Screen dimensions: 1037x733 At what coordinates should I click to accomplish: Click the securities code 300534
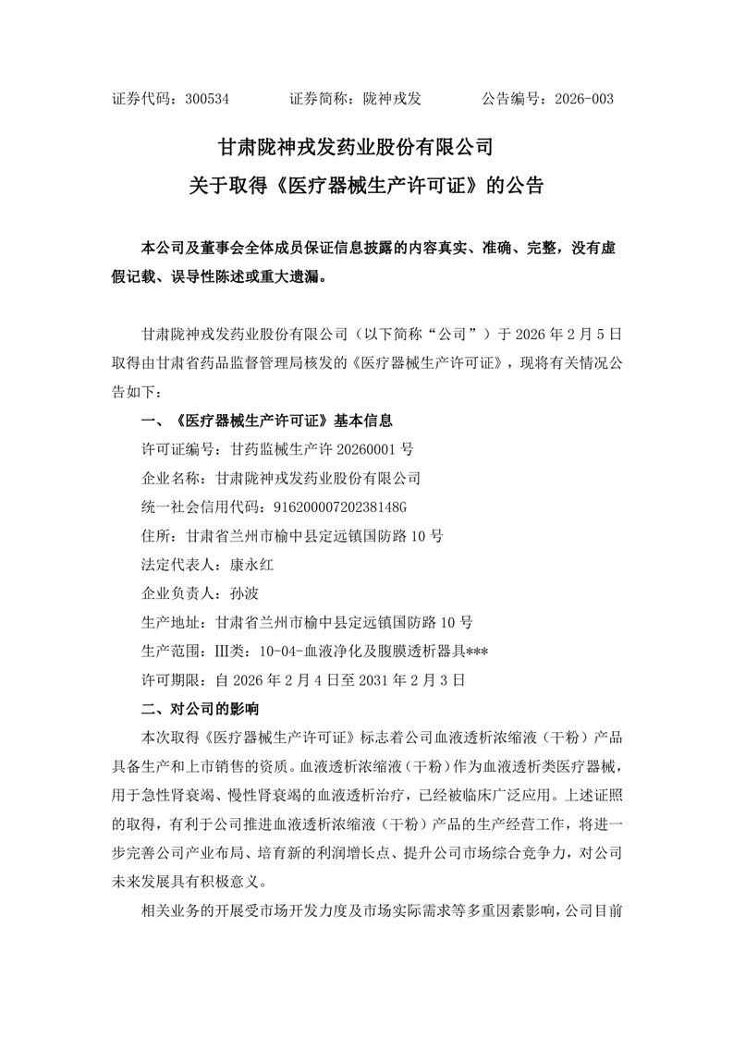click(207, 99)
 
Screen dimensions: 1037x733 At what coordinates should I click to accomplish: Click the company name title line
click(366, 147)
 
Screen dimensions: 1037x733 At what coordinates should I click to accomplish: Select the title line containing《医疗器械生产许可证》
click(366, 185)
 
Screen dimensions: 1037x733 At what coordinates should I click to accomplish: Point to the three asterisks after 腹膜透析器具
click(476, 651)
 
